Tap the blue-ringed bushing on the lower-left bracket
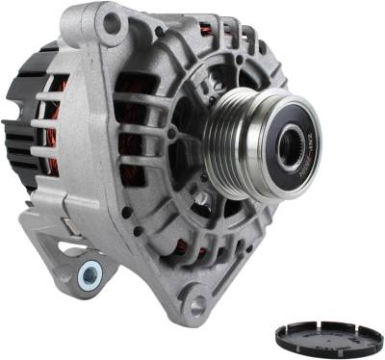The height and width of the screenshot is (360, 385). [x=90, y=274]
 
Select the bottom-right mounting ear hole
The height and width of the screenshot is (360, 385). [x=198, y=306]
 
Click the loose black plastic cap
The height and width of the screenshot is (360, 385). [x=328, y=336]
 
